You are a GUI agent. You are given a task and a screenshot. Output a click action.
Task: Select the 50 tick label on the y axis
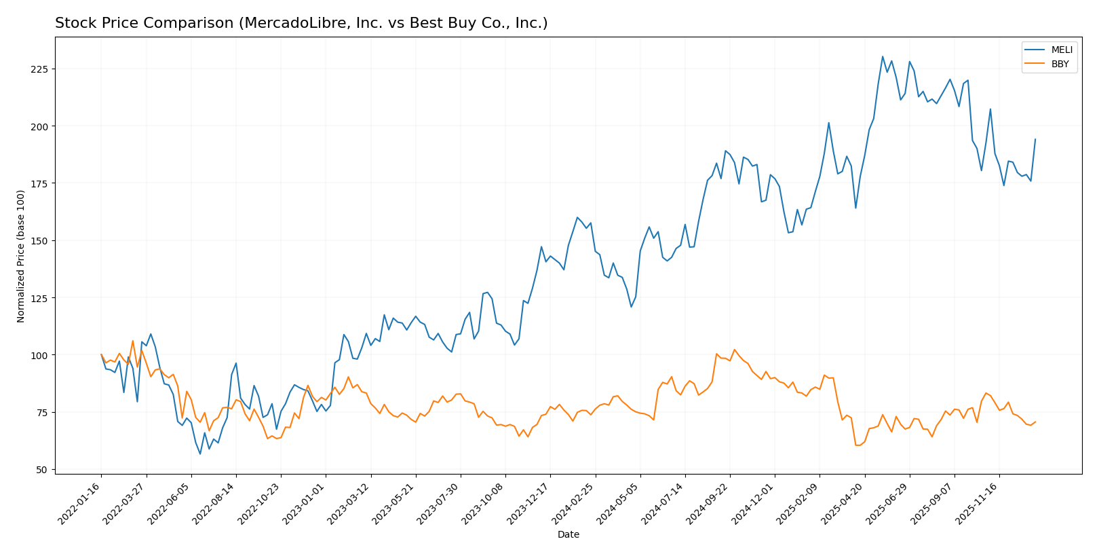pos(43,470)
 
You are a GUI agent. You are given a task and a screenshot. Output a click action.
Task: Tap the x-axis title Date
pos(568,535)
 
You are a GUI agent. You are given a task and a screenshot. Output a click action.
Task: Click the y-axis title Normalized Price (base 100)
pos(21,256)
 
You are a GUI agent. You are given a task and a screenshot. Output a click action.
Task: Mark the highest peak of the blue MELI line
pos(883,56)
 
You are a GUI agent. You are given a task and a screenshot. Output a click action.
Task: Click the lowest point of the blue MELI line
pos(200,453)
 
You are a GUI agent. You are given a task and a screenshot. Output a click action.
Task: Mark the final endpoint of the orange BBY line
pos(1035,422)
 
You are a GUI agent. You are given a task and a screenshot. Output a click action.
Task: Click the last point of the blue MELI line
pos(1035,139)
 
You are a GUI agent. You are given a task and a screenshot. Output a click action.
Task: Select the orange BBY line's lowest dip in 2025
pos(857,445)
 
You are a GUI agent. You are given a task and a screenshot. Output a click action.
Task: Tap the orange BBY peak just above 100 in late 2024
pos(734,350)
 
